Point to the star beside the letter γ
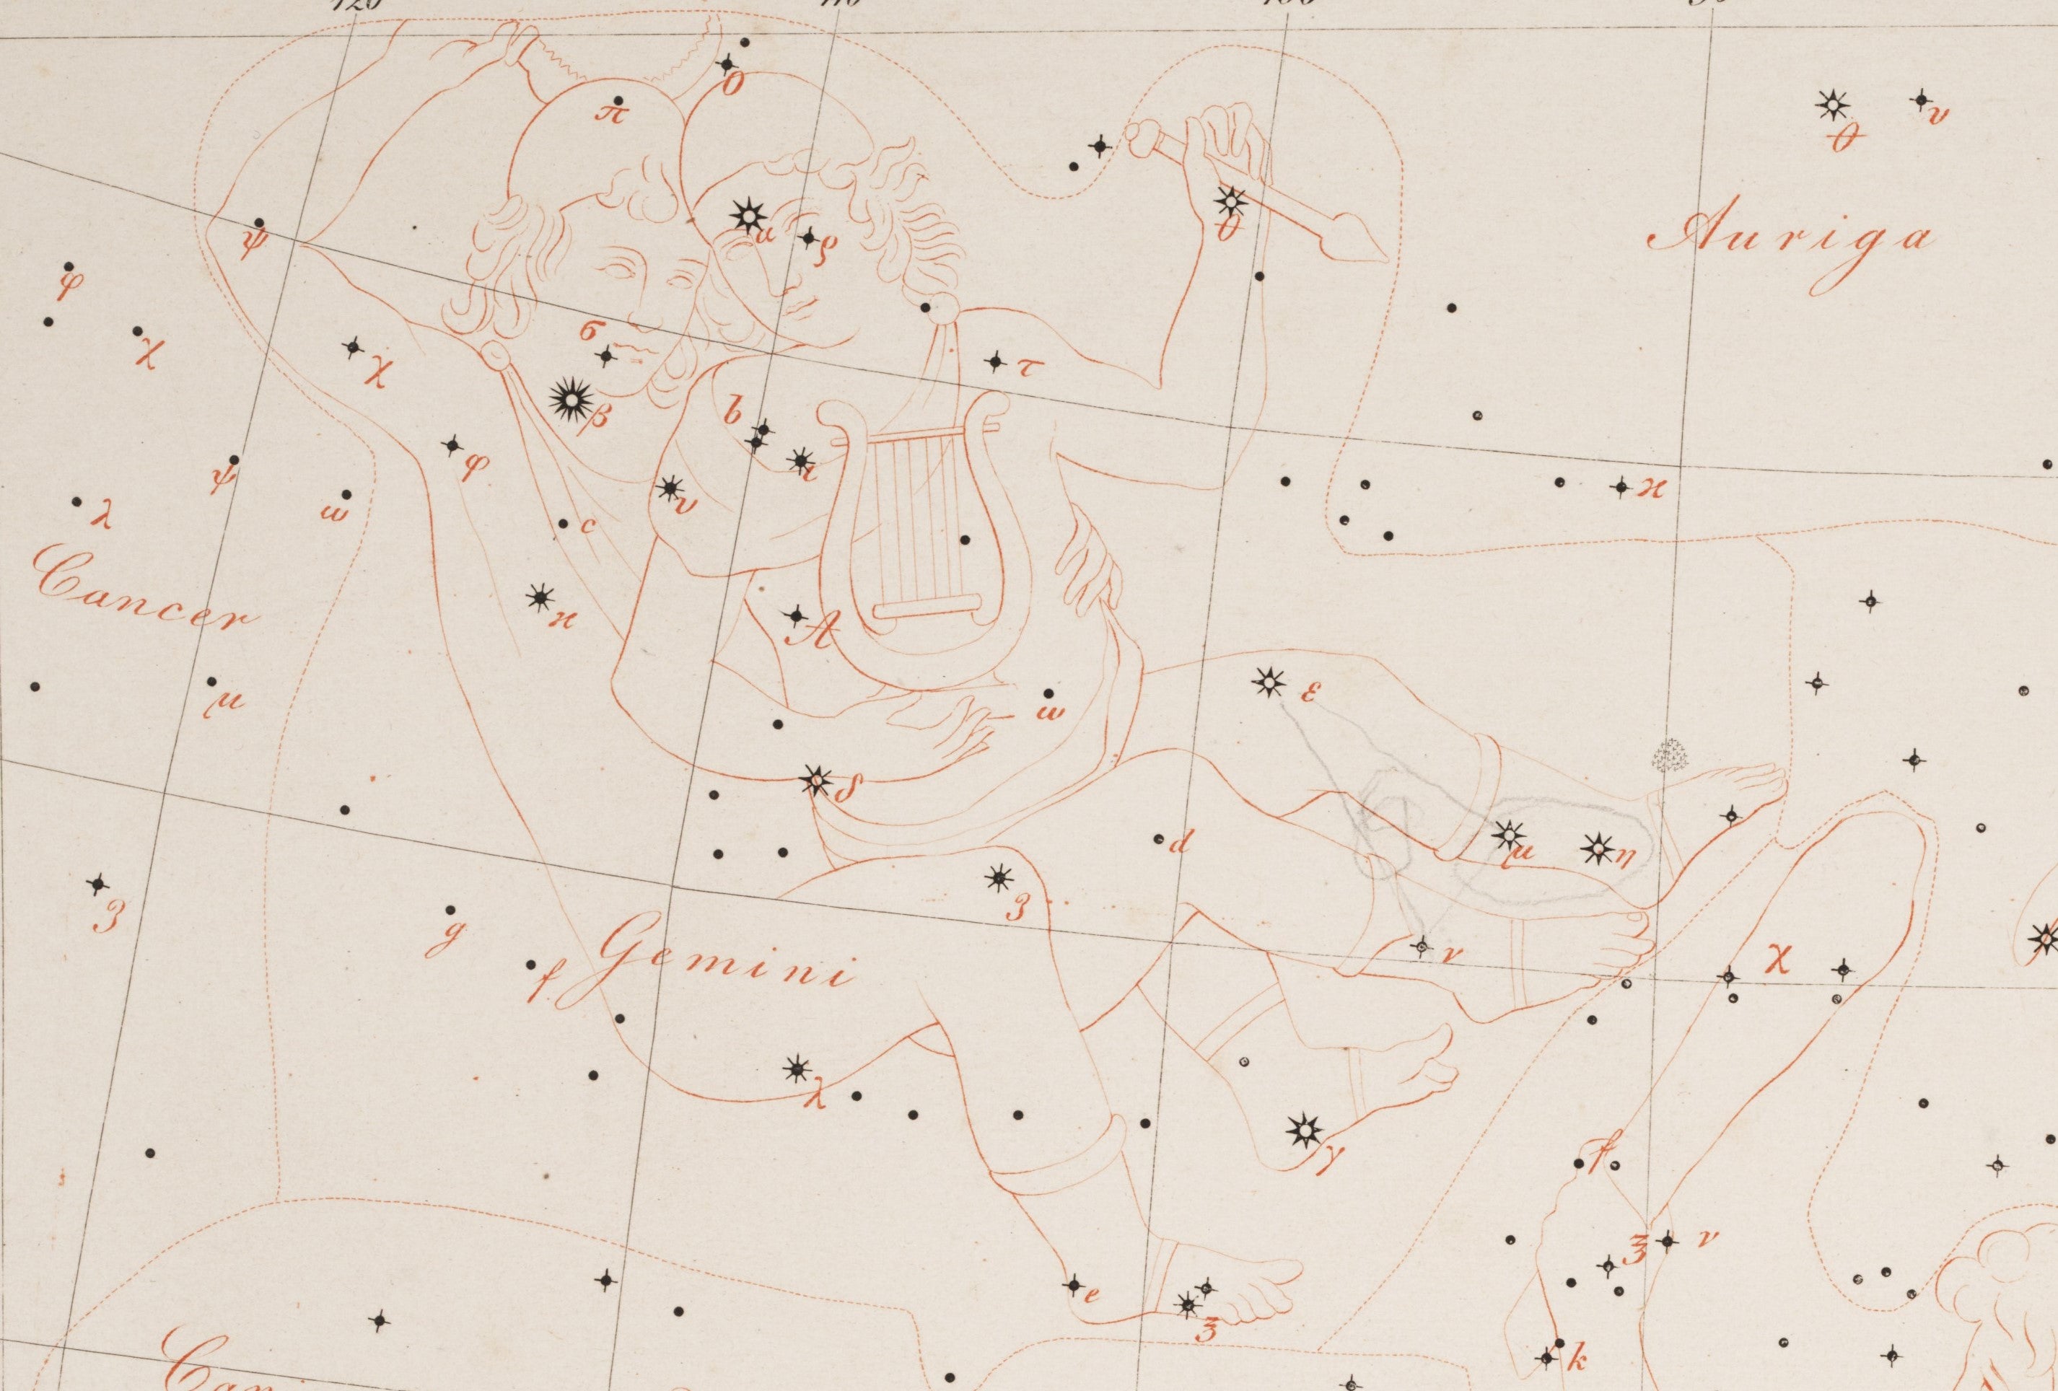[1303, 1131]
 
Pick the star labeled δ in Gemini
[815, 781]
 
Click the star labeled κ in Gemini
[538, 599]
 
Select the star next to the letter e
[1074, 1284]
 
